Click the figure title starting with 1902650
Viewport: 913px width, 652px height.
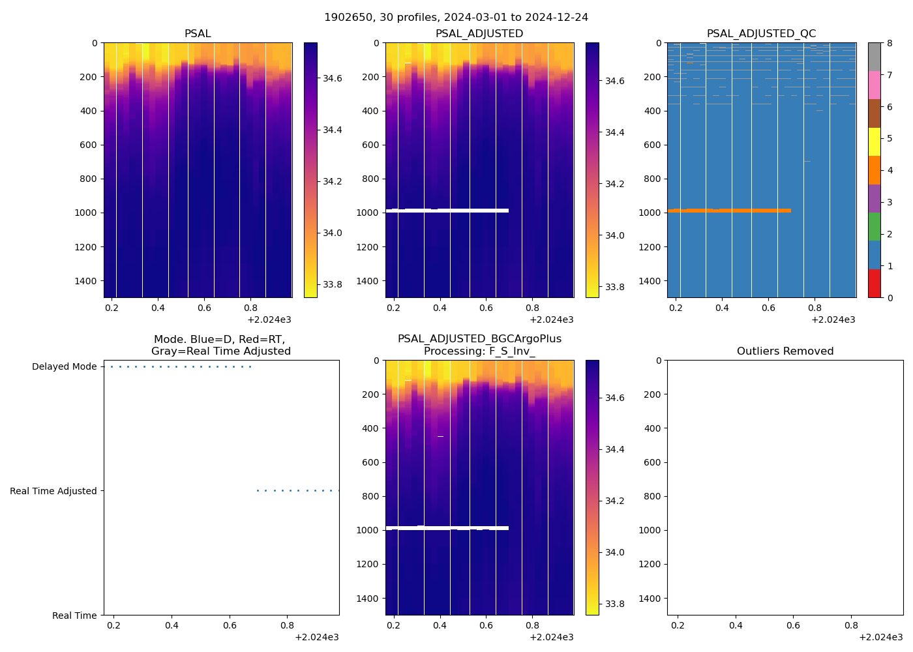456,18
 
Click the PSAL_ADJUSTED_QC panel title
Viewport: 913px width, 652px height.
761,34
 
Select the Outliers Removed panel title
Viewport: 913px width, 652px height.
785,351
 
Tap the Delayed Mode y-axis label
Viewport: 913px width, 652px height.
64,367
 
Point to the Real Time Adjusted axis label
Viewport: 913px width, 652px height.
53,491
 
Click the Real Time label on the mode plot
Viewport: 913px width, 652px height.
74,615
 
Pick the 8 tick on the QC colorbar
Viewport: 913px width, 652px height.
890,44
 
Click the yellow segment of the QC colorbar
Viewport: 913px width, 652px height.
874,141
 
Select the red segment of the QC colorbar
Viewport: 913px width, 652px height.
874,284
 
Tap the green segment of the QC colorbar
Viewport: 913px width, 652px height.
874,227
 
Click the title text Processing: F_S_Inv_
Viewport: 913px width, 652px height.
479,351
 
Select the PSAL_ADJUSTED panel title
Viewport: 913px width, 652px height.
479,34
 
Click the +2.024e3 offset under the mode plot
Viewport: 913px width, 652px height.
316,637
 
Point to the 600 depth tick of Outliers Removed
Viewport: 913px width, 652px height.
652,462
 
